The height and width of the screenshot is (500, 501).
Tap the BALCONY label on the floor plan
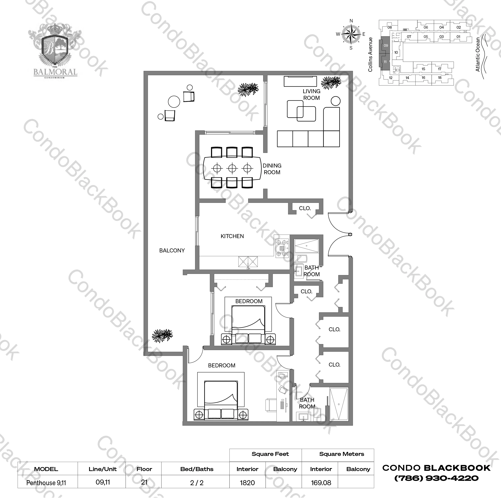pos(172,251)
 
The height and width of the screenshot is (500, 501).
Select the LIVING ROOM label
pos(311,95)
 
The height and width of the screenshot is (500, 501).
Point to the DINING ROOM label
pos(272,169)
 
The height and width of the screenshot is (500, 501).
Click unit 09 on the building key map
pos(386,46)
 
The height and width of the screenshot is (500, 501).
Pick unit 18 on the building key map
pos(440,78)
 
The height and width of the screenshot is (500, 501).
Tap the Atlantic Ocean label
pos(478,54)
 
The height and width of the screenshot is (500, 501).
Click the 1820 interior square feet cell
pos(247,483)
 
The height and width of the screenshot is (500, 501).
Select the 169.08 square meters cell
pos(321,483)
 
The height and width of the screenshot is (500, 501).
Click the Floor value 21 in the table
pos(144,482)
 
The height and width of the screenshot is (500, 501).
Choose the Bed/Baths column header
pos(197,469)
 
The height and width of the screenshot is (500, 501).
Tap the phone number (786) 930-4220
pos(436,478)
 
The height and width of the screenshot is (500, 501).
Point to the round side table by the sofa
pos(336,101)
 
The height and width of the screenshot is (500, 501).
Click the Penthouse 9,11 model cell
pos(46,483)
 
